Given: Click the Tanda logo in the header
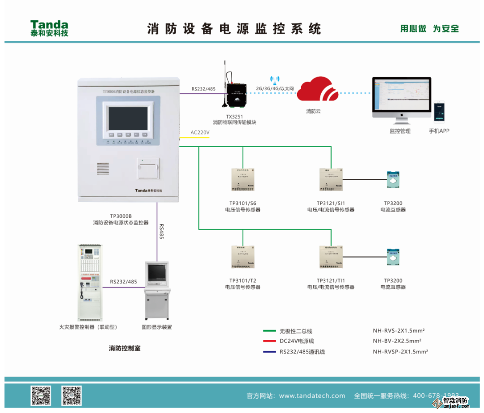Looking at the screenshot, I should pyautogui.click(x=49, y=28).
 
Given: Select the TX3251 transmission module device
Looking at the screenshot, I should pyautogui.click(x=236, y=95).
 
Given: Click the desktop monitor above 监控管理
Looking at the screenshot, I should pyautogui.click(x=401, y=98).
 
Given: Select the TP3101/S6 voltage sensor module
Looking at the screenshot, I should pyautogui.click(x=242, y=179).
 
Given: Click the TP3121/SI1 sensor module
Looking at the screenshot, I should pyautogui.click(x=331, y=179).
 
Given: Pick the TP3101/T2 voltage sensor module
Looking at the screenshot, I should pyautogui.click(x=242, y=257).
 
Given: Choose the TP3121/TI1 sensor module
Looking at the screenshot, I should pyautogui.click(x=331, y=257).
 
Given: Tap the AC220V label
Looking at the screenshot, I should pyautogui.click(x=200, y=132).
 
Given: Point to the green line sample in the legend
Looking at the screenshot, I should pyautogui.click(x=269, y=331).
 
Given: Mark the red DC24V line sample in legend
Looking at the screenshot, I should pyautogui.click(x=269, y=341).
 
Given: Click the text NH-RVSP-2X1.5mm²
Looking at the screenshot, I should pyautogui.click(x=400, y=352).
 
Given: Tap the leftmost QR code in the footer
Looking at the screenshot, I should pyautogui.click(x=40, y=395).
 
